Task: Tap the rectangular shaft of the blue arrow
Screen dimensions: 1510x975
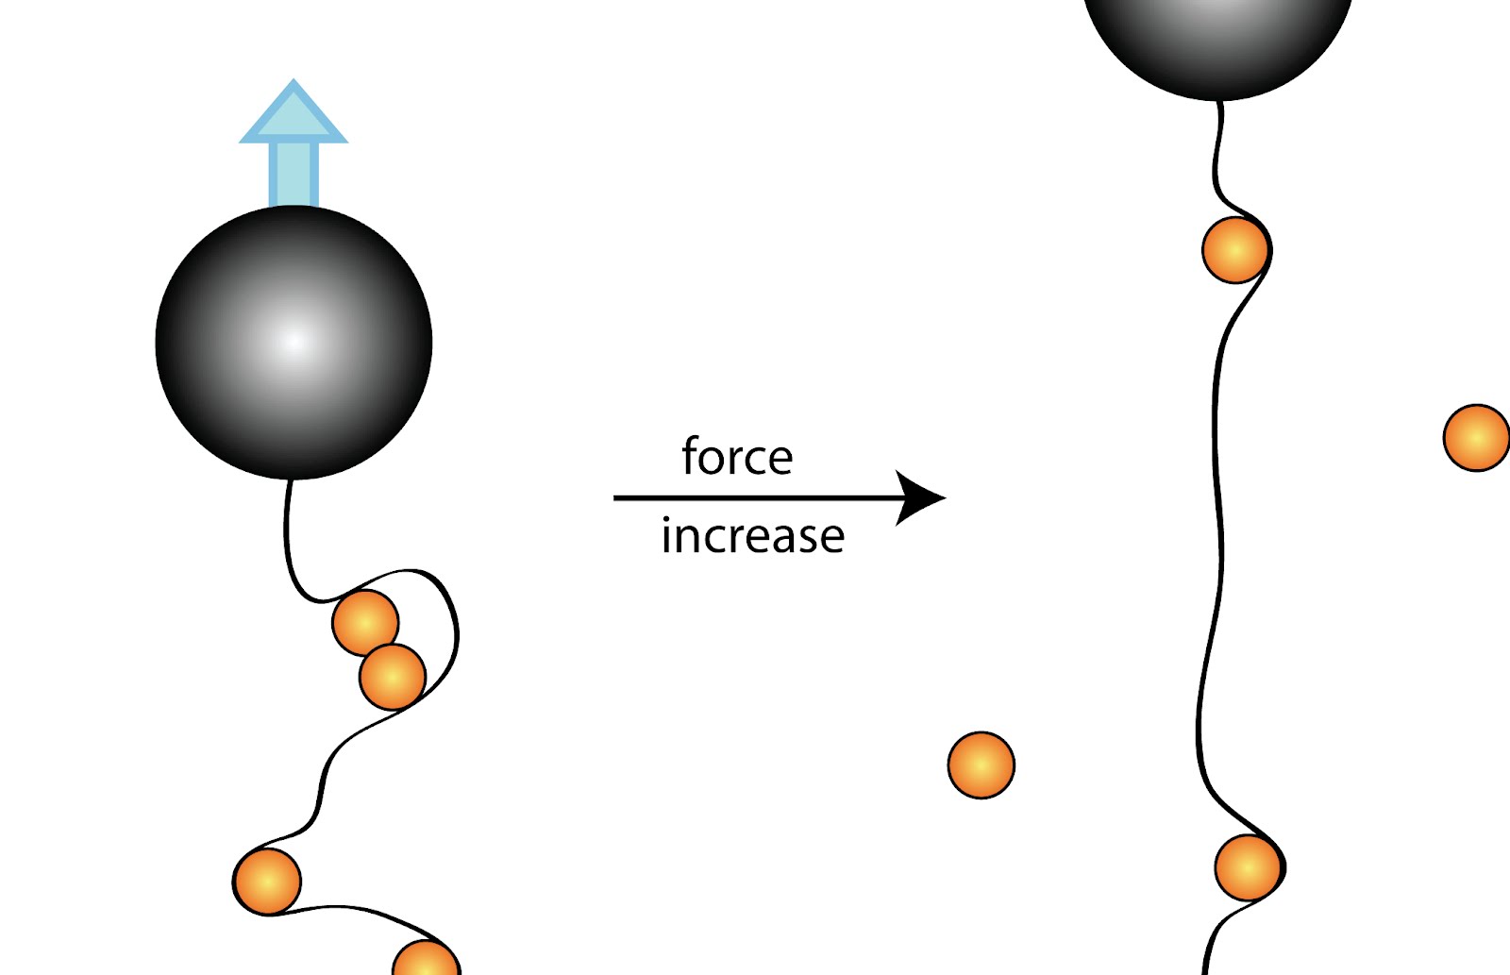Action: pos(294,175)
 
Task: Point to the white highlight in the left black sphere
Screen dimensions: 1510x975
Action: pos(294,341)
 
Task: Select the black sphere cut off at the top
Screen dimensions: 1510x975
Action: pos(1217,38)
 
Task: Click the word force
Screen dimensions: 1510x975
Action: pos(737,458)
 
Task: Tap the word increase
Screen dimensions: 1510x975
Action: pos(752,536)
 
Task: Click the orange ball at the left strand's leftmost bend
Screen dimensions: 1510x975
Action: pos(267,882)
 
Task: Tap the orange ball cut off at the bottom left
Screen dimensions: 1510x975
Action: pos(426,960)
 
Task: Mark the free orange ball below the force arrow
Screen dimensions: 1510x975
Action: pos(981,765)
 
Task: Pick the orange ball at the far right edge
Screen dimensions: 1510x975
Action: pos(1477,438)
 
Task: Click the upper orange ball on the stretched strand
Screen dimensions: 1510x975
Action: pos(1235,250)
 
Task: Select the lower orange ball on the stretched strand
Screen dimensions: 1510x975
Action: pos(1249,867)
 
